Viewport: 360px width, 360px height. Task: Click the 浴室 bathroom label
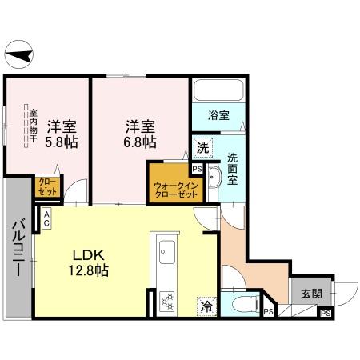pyautogui.click(x=218, y=114)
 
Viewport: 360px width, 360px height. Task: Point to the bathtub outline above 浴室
pyautogui.click(x=219, y=91)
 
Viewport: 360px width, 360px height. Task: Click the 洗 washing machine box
pyautogui.click(x=202, y=148)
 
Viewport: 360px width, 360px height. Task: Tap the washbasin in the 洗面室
pyautogui.click(x=214, y=180)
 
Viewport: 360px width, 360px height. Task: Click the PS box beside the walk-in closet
pyautogui.click(x=196, y=169)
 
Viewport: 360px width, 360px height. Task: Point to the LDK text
pyautogui.click(x=86, y=254)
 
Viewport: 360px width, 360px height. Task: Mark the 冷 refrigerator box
pyautogui.click(x=206, y=304)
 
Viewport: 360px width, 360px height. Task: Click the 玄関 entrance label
pyautogui.click(x=311, y=294)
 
